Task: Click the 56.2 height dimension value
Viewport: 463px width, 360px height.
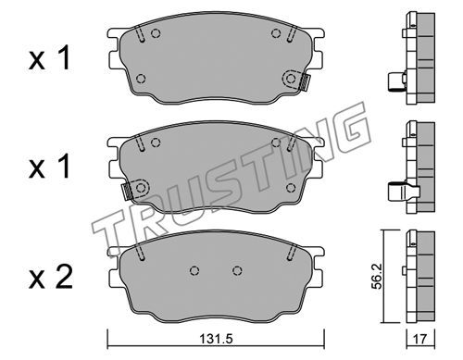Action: (x=377, y=276)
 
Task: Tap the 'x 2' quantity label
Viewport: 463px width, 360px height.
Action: (x=51, y=277)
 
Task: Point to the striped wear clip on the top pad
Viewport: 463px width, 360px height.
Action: (x=305, y=83)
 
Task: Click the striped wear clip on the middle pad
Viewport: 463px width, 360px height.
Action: (x=127, y=192)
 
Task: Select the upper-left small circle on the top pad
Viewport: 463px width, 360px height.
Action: (x=156, y=33)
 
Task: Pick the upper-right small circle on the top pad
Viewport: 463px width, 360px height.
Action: (x=276, y=33)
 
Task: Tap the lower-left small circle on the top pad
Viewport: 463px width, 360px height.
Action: (x=141, y=79)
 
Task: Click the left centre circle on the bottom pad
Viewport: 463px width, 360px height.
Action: (x=194, y=270)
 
